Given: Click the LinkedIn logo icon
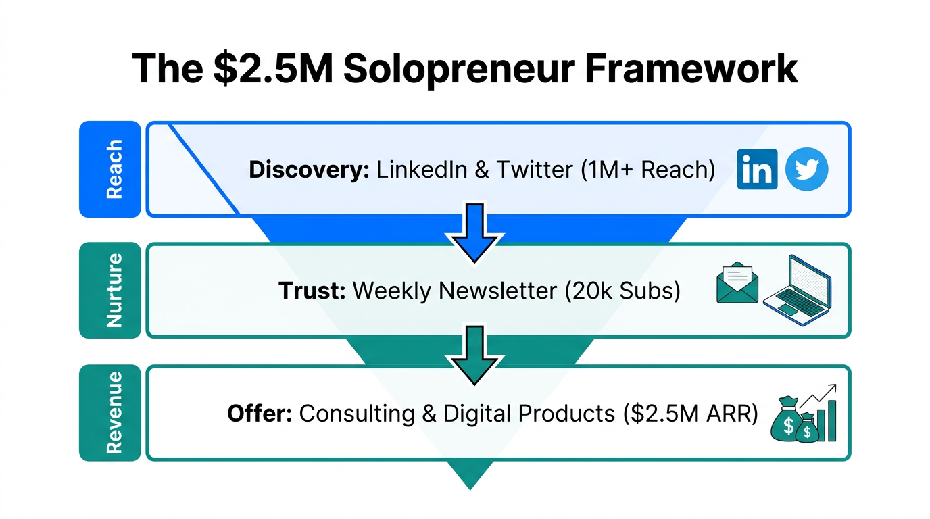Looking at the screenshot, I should click(757, 170).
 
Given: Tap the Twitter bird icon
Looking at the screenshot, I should click(806, 170).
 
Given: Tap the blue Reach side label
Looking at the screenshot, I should click(110, 169).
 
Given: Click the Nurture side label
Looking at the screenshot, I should click(110, 291).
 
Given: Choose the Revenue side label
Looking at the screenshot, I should click(110, 412).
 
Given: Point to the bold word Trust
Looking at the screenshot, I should click(312, 291).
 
